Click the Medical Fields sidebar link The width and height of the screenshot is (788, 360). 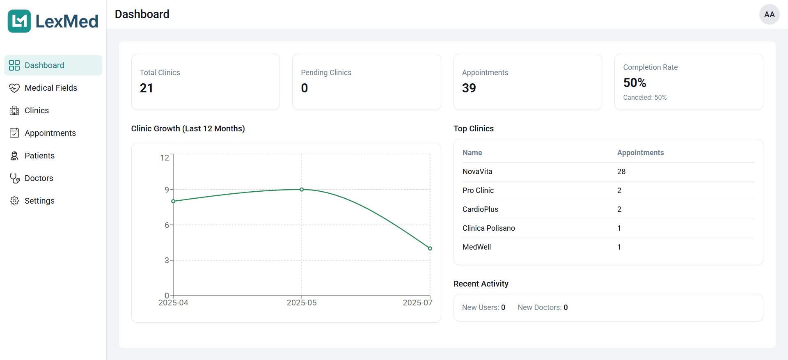[50, 88]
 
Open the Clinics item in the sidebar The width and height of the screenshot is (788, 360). [37, 110]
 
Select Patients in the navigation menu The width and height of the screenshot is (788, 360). [39, 156]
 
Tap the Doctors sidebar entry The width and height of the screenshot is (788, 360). [39, 178]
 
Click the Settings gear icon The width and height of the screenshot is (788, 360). [14, 201]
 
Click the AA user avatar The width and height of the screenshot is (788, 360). [769, 15]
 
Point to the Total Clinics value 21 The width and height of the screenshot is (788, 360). [147, 88]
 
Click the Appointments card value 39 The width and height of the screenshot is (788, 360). [469, 88]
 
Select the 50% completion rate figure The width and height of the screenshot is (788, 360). [635, 83]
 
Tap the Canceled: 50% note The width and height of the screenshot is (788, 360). [645, 98]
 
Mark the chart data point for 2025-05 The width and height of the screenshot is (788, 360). [302, 190]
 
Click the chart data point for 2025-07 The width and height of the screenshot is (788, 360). [430, 248]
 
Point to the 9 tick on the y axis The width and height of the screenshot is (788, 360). [167, 190]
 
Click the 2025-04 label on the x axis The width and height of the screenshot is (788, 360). [173, 303]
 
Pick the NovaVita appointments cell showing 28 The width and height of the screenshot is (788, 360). [621, 172]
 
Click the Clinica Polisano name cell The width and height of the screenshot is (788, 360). [488, 228]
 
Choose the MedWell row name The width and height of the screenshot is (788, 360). [476, 247]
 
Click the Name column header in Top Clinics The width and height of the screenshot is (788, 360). [472, 153]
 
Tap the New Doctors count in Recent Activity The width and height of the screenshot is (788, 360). [566, 307]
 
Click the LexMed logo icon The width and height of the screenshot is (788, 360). [19, 21]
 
